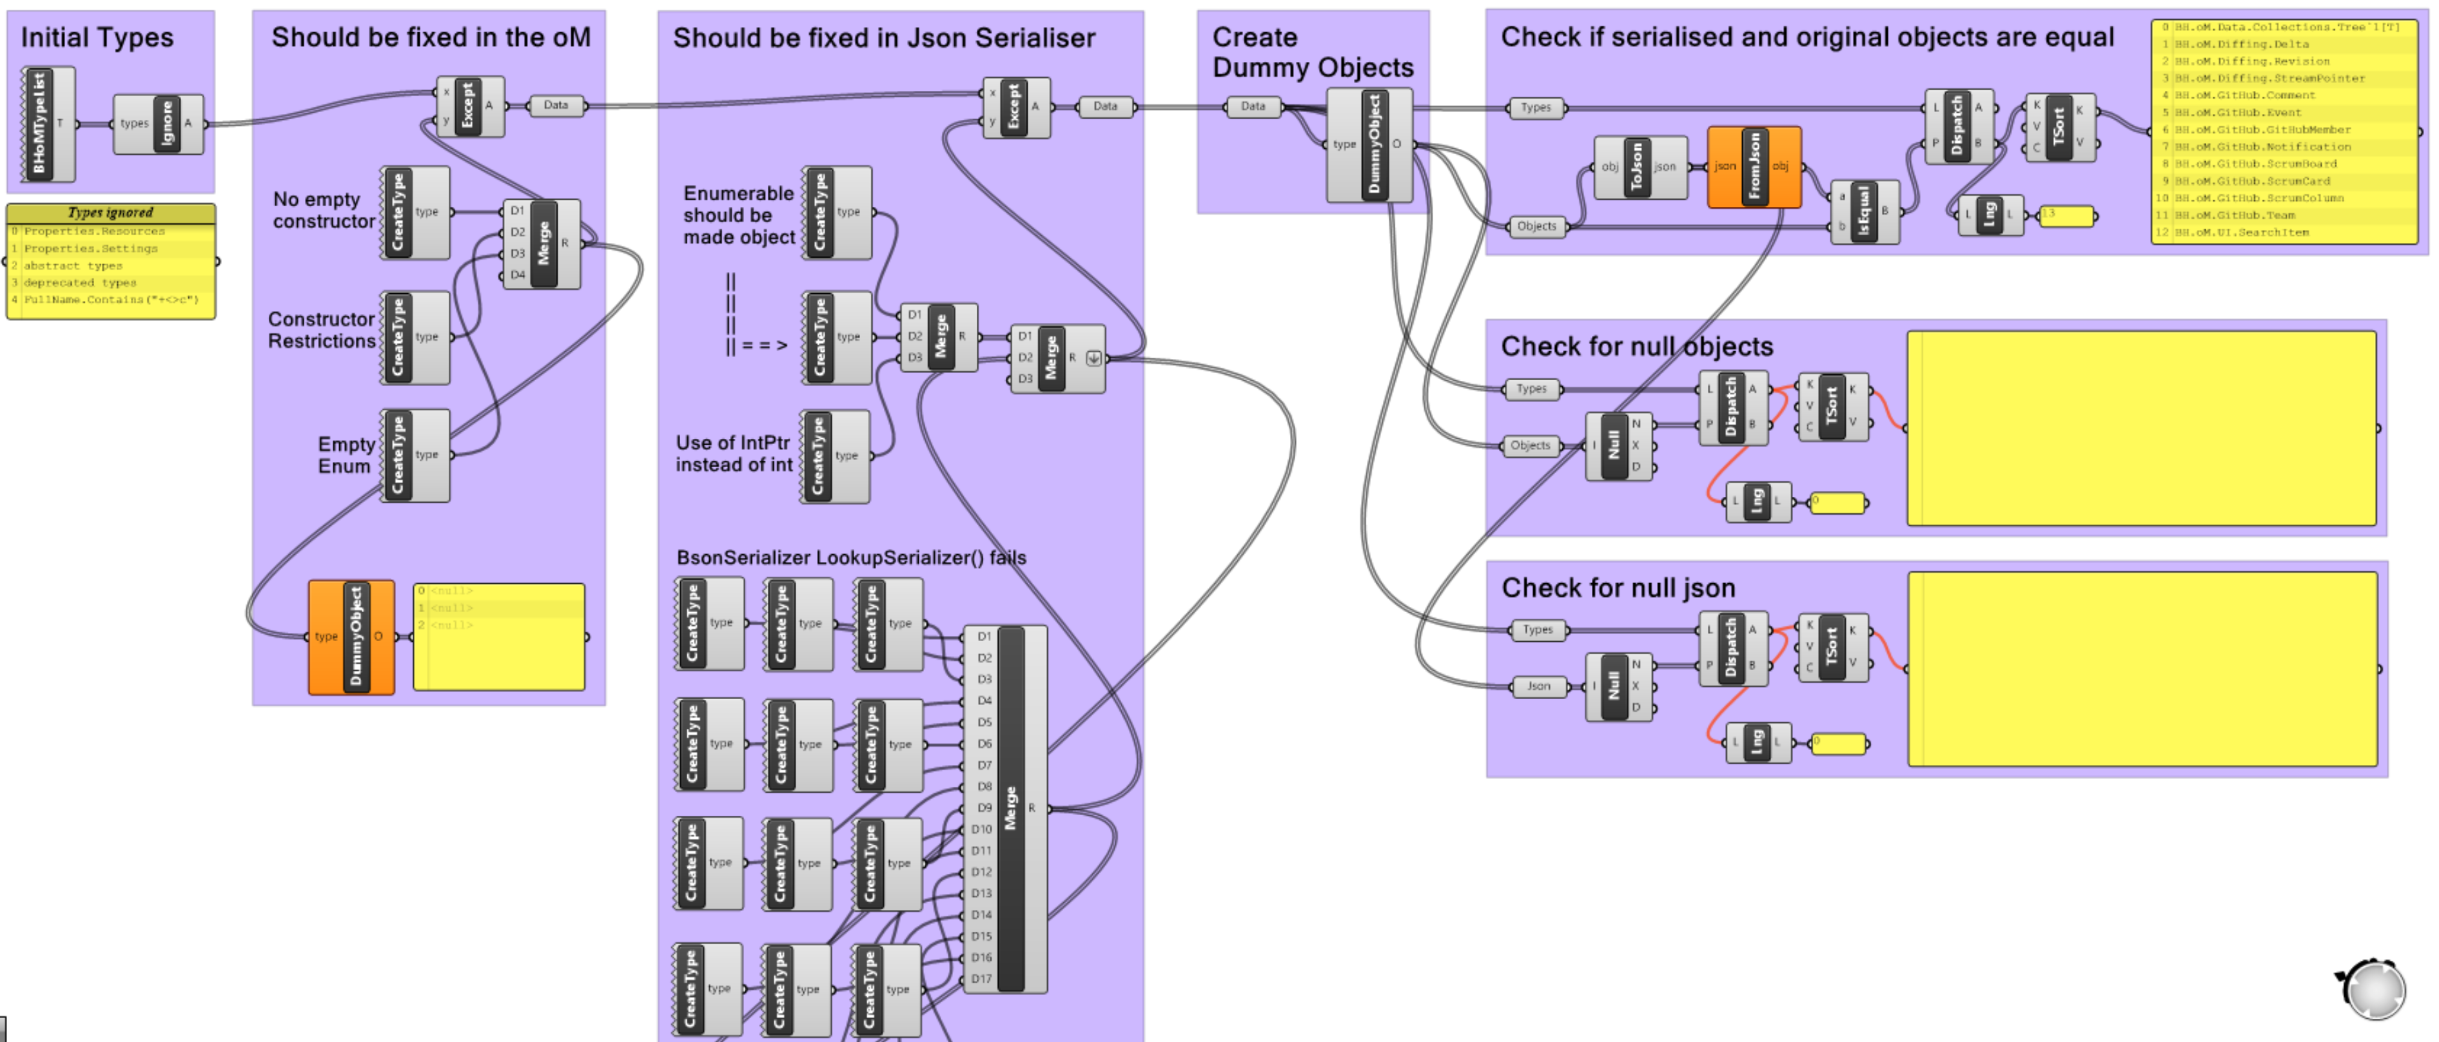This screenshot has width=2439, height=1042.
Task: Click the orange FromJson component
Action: tap(1754, 166)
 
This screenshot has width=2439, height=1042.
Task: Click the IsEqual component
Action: tap(1863, 212)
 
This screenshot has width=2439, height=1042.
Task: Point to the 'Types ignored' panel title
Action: tap(111, 213)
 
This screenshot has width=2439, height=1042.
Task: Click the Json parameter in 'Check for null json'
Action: tap(1538, 686)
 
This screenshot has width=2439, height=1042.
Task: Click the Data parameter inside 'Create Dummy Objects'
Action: tap(1253, 106)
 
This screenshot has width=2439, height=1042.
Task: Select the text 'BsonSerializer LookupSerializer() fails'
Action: tap(850, 557)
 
